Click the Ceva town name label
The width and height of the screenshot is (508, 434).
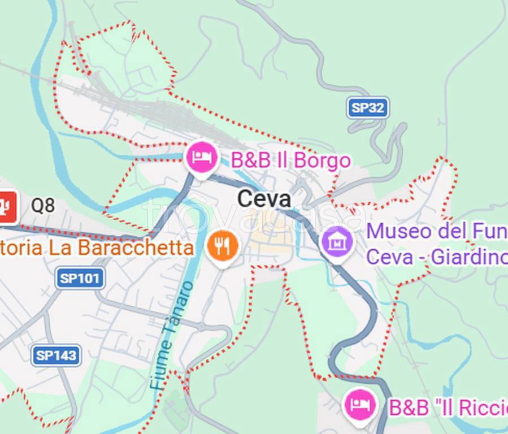(x=264, y=199)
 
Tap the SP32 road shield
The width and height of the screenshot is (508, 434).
(x=368, y=107)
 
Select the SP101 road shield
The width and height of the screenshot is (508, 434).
(x=80, y=278)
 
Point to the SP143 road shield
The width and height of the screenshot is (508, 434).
(x=55, y=355)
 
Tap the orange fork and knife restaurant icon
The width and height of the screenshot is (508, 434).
(x=222, y=246)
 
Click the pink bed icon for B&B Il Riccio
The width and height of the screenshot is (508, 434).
(x=360, y=404)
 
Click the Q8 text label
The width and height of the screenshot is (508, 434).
(x=43, y=206)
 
